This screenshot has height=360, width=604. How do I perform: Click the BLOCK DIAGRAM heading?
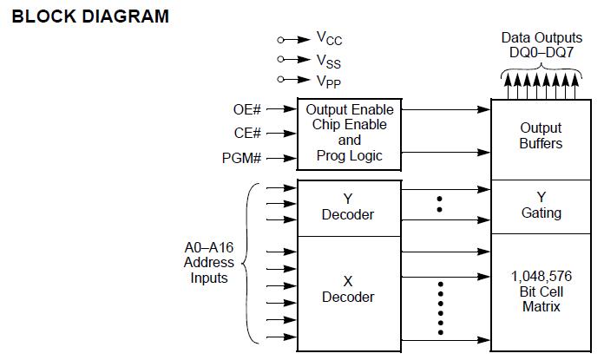pyautogui.click(x=90, y=16)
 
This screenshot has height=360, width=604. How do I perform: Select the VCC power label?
pyautogui.click(x=329, y=39)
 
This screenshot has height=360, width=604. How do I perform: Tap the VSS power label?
pyautogui.click(x=329, y=60)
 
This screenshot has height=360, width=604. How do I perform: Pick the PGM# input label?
pyautogui.click(x=242, y=158)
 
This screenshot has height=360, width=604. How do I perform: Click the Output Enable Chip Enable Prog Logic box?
pyautogui.click(x=349, y=134)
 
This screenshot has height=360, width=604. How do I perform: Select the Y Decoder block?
pyautogui.click(x=348, y=207)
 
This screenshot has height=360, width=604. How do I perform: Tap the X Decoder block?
pyautogui.click(x=348, y=290)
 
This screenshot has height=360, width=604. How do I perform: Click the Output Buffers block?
pyautogui.click(x=541, y=135)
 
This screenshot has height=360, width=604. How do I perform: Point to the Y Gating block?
pyautogui.click(x=541, y=206)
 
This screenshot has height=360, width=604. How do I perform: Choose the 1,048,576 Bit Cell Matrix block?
pyautogui.click(x=541, y=291)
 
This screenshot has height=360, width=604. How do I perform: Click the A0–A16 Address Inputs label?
pyautogui.click(x=209, y=262)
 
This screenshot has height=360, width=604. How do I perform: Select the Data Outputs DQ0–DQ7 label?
pyautogui.click(x=541, y=46)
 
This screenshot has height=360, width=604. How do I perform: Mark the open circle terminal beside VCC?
pyautogui.click(x=280, y=40)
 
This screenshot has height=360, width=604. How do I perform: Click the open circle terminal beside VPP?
pyautogui.click(x=280, y=80)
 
